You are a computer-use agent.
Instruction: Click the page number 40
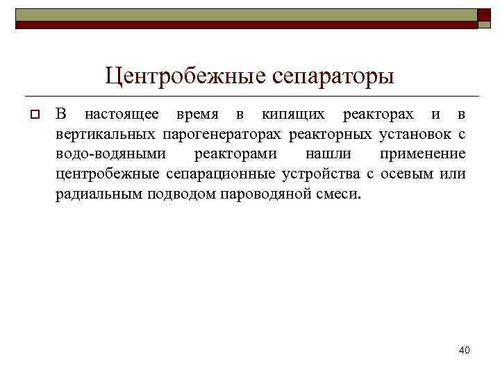click(x=464, y=350)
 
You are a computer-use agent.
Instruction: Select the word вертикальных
click(x=107, y=133)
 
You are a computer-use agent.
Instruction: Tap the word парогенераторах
click(x=224, y=133)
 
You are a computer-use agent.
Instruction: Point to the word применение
click(x=423, y=153)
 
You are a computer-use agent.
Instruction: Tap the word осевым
click(x=403, y=172)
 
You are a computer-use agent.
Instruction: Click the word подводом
click(x=181, y=192)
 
